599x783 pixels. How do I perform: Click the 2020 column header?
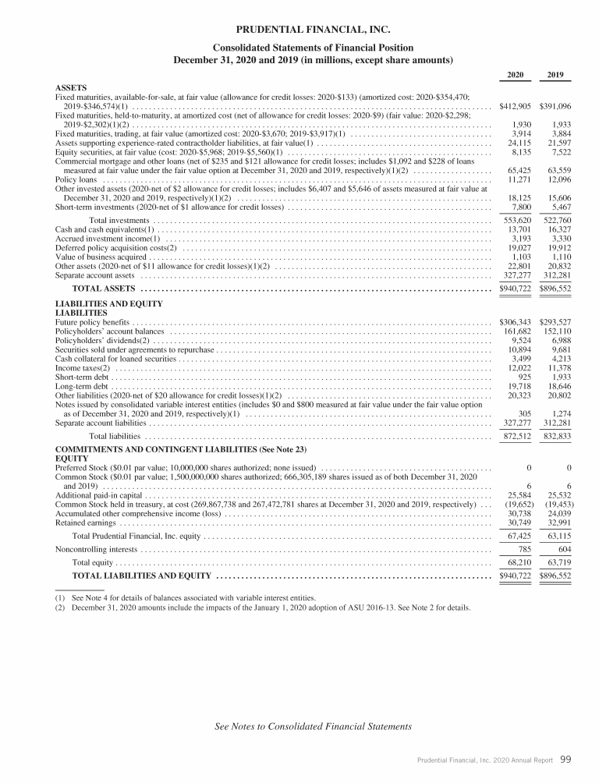pos(516,76)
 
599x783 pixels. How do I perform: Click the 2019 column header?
pos(557,76)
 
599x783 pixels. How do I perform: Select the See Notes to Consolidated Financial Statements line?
pos(313,727)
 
